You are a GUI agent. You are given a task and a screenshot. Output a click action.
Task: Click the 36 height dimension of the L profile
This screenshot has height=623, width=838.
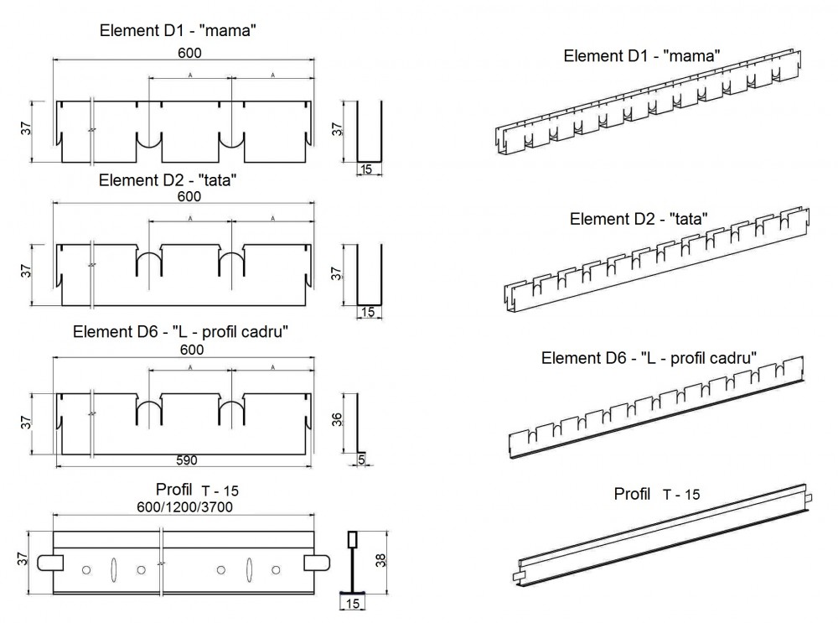[x=337, y=419]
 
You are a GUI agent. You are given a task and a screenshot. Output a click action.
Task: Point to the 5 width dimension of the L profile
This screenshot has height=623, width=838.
[x=361, y=459]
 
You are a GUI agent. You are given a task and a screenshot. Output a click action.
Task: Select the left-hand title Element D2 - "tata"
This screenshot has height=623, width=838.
[x=178, y=179]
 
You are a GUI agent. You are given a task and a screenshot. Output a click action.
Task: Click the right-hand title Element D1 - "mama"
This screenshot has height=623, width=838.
[x=643, y=57]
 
